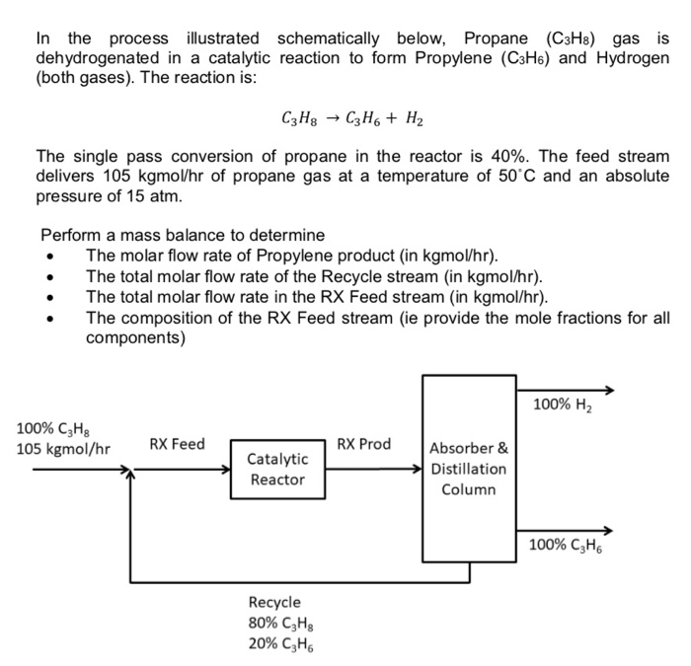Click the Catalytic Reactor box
coord(277,470)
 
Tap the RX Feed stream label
coord(177,444)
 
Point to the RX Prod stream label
coord(363,444)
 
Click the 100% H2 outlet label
coord(563,404)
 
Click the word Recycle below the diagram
coord(274,602)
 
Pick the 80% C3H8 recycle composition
coord(280,624)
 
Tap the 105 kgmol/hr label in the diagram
coord(63,449)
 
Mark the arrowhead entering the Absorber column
coord(418,470)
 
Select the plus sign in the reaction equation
coord(393,120)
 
